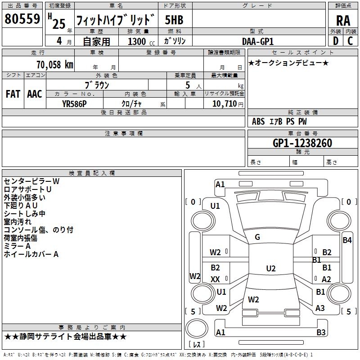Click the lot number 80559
point(22,19)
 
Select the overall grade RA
point(343,21)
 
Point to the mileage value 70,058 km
point(55,64)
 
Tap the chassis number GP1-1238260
point(302,143)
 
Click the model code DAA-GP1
point(258,41)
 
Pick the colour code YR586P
point(74,104)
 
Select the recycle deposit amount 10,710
point(224,104)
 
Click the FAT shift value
point(13,94)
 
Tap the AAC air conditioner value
point(35,94)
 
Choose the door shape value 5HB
point(174,20)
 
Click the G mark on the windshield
point(257,237)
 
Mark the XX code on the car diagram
point(215,279)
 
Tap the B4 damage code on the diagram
point(347,240)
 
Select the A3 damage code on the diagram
point(320,308)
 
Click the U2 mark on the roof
point(271,268)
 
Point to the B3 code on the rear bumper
point(321,332)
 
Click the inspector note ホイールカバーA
point(31,254)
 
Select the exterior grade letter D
point(336,41)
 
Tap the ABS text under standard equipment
point(258,121)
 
